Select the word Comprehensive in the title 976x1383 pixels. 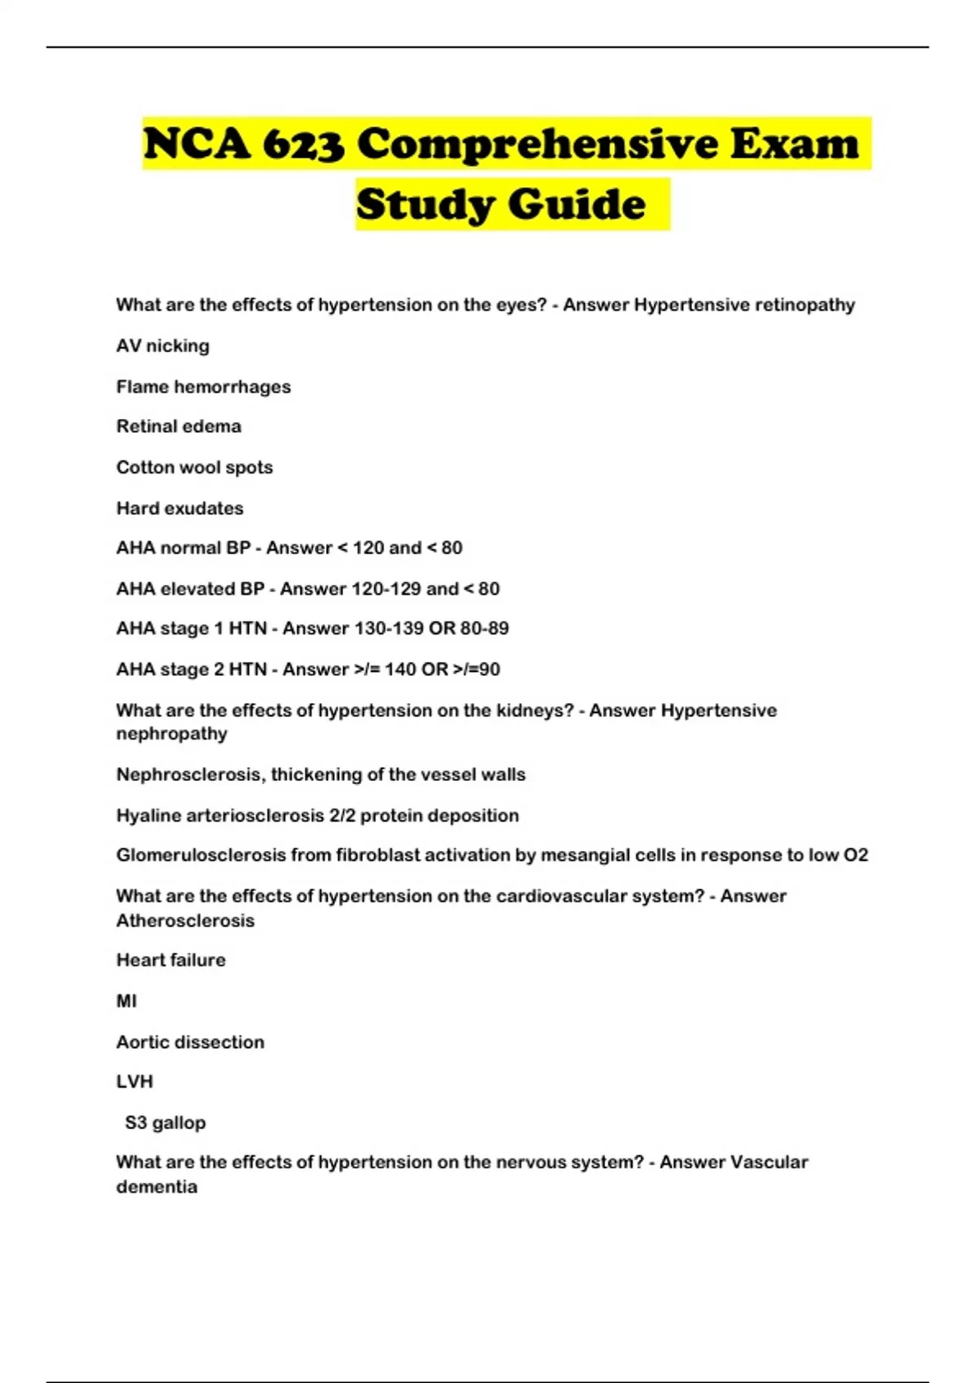[x=538, y=145]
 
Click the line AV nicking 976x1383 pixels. [x=163, y=347]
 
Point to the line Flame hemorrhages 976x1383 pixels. [x=203, y=387]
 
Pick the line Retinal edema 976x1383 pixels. [x=179, y=427]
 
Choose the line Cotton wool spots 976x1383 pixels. [x=194, y=468]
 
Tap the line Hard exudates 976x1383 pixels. [x=180, y=508]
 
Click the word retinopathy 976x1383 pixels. [x=805, y=305]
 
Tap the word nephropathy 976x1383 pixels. [x=172, y=734]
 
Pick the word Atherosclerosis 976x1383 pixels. [x=185, y=921]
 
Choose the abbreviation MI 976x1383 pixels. [x=127, y=1001]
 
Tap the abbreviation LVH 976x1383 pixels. [x=135, y=1082]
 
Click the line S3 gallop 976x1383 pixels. [x=165, y=1123]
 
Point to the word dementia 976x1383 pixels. [x=157, y=1187]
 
